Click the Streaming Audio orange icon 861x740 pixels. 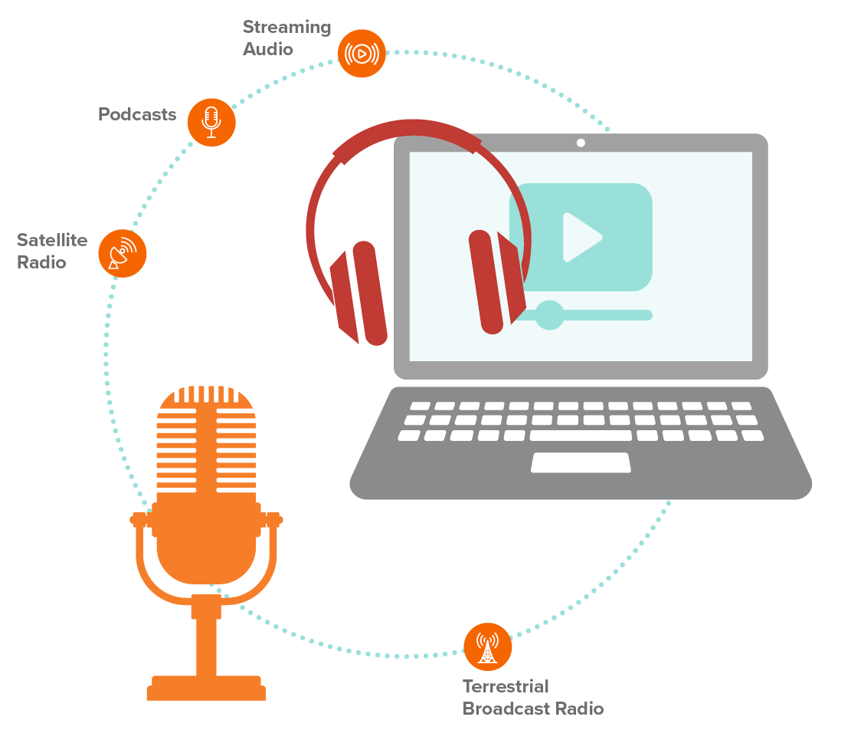point(362,54)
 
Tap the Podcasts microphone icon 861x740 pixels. point(211,122)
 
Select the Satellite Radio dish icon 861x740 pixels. point(123,253)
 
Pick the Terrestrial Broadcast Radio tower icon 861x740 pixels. point(487,646)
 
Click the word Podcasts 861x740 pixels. point(137,115)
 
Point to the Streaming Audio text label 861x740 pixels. point(286,38)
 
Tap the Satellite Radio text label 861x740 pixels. point(52,251)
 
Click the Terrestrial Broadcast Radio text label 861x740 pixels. point(532,697)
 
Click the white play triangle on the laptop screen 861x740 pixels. point(581,237)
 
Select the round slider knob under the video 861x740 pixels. point(549,315)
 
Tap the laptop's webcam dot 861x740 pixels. point(581,143)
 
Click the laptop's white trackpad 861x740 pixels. point(581,462)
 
